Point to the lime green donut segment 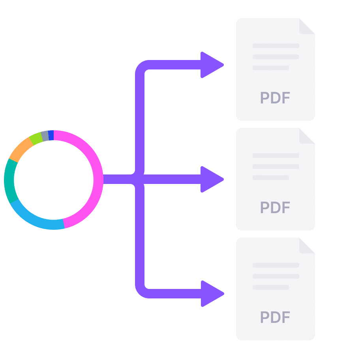pyautogui.click(x=36, y=138)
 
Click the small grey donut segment pyautogui.click(x=45, y=135)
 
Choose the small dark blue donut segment pyautogui.click(x=51, y=135)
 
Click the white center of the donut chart pyautogui.click(x=54, y=180)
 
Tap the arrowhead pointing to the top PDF pyautogui.click(x=211, y=65)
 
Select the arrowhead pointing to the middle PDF pyautogui.click(x=211, y=179)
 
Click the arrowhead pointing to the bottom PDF pyautogui.click(x=211, y=294)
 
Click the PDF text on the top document pyautogui.click(x=275, y=98)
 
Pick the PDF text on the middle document pyautogui.click(x=275, y=208)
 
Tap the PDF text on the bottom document pyautogui.click(x=275, y=317)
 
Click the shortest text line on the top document pyautogui.click(x=271, y=68)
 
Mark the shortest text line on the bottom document pyautogui.click(x=271, y=287)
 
